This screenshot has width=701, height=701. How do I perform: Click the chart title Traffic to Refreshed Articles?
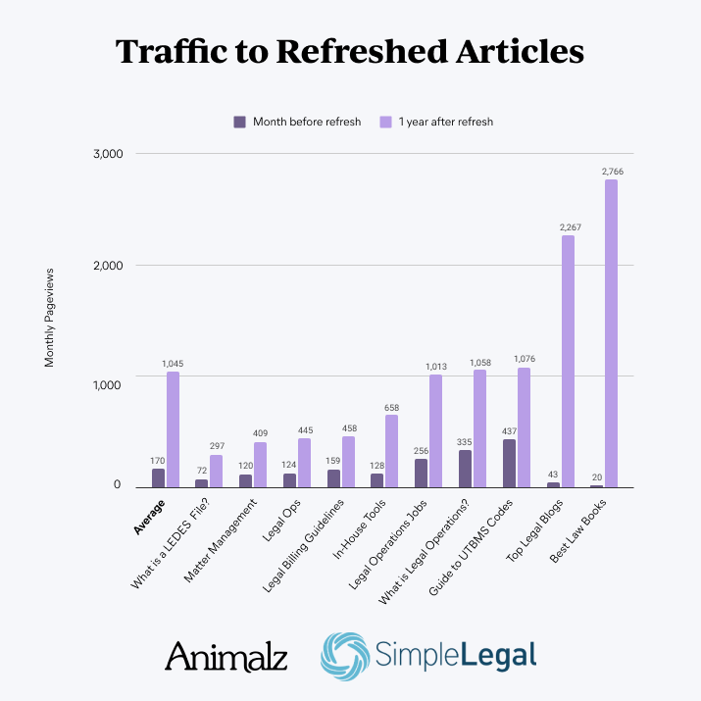coord(350,52)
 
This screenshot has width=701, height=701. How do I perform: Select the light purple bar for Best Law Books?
coord(611,333)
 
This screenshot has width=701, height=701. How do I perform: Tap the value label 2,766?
coord(612,172)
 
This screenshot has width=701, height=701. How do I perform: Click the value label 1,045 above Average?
coord(173,364)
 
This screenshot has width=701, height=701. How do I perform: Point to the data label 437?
coord(509,430)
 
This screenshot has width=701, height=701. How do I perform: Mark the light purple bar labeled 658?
coord(391,451)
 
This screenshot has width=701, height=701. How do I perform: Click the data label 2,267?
coord(567,226)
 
